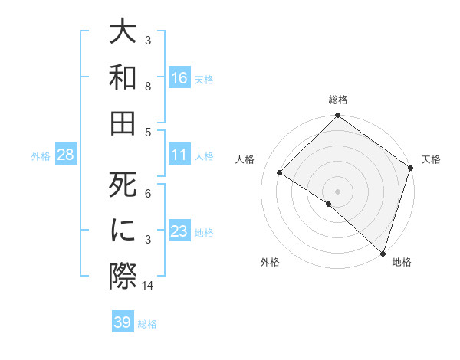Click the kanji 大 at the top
pyautogui.click(x=123, y=34)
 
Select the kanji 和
pyautogui.click(x=123, y=77)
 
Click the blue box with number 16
pyautogui.click(x=179, y=77)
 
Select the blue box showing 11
pyautogui.click(x=179, y=155)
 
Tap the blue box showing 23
pyautogui.click(x=179, y=231)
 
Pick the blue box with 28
pyautogui.click(x=66, y=155)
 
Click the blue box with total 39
pyautogui.click(x=123, y=322)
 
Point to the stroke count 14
pyautogui.click(x=148, y=286)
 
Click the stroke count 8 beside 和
pyautogui.click(x=148, y=87)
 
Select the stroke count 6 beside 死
pyautogui.click(x=148, y=193)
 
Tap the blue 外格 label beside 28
pyautogui.click(x=41, y=155)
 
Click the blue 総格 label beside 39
pyautogui.click(x=147, y=323)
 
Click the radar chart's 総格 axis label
pyautogui.click(x=337, y=100)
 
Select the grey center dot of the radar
pyautogui.click(x=337, y=191)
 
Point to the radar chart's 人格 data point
pyautogui.click(x=280, y=173)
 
